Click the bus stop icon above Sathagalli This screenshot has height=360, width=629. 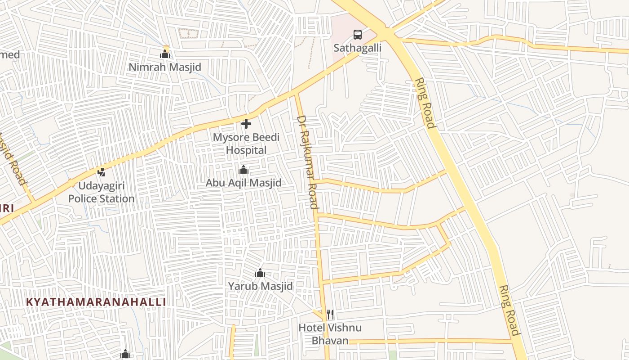pyautogui.click(x=357, y=34)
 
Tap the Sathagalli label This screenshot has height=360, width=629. pyautogui.click(x=357, y=48)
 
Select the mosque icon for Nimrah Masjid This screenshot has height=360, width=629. pyautogui.click(x=165, y=54)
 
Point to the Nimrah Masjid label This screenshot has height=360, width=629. pyautogui.click(x=165, y=67)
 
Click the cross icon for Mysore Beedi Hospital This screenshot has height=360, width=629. pyautogui.click(x=246, y=124)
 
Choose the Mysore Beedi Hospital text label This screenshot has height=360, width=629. pyautogui.click(x=246, y=144)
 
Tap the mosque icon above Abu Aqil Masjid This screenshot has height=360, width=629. pyautogui.click(x=244, y=170)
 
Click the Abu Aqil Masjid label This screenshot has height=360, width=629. pyautogui.click(x=244, y=183)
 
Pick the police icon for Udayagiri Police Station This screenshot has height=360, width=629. pyautogui.click(x=102, y=172)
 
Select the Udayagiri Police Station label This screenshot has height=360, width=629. pyautogui.click(x=102, y=192)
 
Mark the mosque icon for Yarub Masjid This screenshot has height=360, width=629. pyautogui.click(x=260, y=273)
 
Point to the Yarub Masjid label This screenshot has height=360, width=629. pyautogui.click(x=260, y=286)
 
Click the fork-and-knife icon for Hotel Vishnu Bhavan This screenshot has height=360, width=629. pyautogui.click(x=330, y=314)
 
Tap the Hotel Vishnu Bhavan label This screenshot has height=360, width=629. pyautogui.click(x=330, y=334)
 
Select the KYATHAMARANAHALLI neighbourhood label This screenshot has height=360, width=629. pyautogui.click(x=96, y=302)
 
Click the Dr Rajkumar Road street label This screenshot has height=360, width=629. pyautogui.click(x=308, y=162)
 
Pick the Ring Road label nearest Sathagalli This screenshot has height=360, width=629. pyautogui.click(x=425, y=103)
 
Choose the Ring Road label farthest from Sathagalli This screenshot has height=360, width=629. pyautogui.click(x=509, y=310)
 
